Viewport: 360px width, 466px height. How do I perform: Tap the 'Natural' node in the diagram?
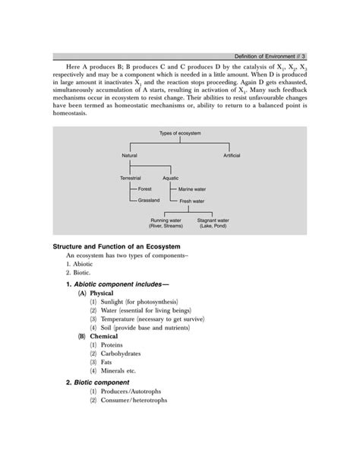tap(130, 155)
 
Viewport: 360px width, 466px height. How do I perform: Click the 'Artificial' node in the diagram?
tap(232, 155)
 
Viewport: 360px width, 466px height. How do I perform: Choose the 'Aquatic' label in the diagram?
tap(171, 178)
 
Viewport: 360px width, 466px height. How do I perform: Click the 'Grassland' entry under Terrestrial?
tap(150, 200)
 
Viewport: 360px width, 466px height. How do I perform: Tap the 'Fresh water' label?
tap(191, 201)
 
